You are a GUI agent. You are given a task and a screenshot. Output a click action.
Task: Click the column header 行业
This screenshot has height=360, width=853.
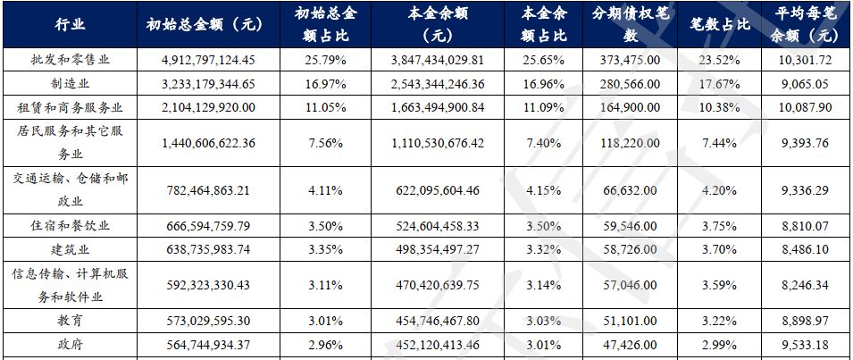[71, 24]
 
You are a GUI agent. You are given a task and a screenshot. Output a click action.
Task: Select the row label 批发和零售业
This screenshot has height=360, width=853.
[71, 60]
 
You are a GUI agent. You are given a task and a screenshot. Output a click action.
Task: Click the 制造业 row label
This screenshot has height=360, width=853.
[71, 84]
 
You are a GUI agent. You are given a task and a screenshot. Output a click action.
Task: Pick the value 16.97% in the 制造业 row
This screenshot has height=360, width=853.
[325, 84]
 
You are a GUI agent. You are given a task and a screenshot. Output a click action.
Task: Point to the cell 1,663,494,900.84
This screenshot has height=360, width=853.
[438, 108]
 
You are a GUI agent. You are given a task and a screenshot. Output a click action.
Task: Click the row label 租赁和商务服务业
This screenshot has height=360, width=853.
[71, 108]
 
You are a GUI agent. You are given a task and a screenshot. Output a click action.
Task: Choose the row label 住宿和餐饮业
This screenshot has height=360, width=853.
[71, 226]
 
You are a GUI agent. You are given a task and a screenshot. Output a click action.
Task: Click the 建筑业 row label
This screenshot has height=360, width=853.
[71, 249]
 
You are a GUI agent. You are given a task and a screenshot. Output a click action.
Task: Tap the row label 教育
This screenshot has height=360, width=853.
[71, 321]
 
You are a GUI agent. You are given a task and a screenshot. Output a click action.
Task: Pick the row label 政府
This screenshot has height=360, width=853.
[71, 345]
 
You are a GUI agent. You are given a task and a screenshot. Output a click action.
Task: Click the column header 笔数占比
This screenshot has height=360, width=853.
[720, 24]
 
